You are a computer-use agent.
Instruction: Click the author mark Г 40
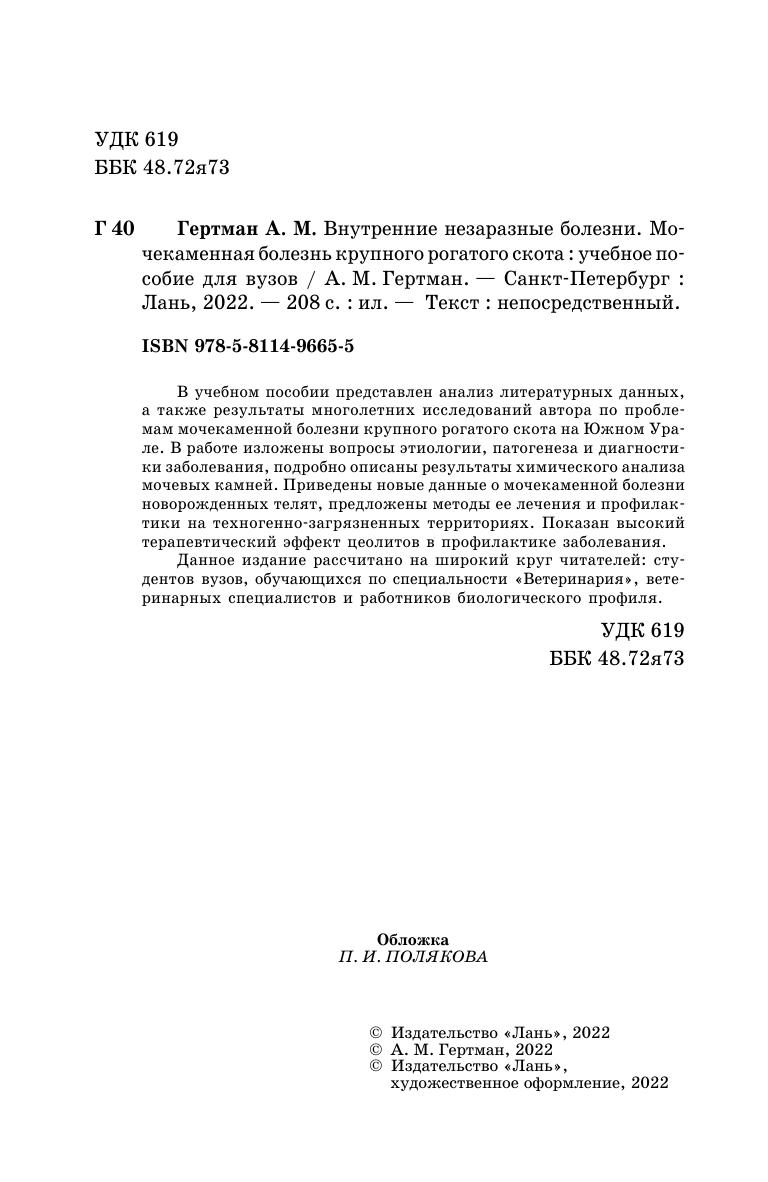coord(114,228)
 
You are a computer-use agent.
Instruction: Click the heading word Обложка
coord(413,939)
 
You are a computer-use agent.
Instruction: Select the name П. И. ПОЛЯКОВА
coord(413,957)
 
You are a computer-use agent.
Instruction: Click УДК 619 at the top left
coord(136,141)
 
